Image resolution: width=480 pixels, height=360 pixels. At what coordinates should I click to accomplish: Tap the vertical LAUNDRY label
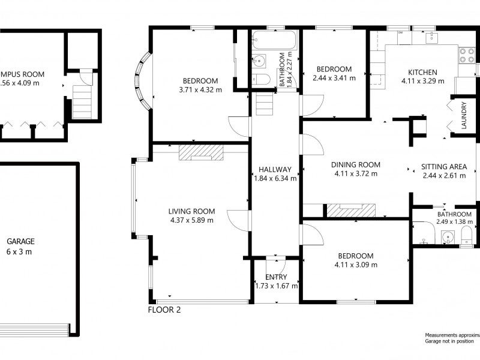[x=464, y=116]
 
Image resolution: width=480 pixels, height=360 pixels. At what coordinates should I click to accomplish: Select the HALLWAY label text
[x=275, y=169]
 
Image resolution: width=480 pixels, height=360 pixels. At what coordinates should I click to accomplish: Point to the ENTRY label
[x=276, y=277]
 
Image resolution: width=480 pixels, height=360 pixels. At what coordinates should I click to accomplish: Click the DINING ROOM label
[x=356, y=165]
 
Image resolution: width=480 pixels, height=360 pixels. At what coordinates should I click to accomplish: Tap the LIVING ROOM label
[x=191, y=211]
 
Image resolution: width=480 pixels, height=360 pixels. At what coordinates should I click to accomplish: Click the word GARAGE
[x=20, y=242]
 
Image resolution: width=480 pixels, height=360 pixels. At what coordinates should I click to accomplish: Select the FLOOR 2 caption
[x=164, y=310]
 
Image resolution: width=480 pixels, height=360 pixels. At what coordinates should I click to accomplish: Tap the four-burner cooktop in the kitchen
[x=467, y=55]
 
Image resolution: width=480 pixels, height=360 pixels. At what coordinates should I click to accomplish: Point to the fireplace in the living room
[x=200, y=152]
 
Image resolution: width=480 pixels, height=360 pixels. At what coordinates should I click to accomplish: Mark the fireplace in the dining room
[x=350, y=210]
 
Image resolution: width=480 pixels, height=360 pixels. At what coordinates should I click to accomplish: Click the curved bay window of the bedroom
[x=142, y=83]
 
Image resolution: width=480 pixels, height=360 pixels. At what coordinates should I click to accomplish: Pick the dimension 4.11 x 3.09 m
[x=356, y=265]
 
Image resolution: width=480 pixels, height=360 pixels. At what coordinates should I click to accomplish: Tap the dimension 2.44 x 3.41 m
[x=334, y=77]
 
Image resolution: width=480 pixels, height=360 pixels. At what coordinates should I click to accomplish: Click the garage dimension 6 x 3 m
[x=20, y=251]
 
